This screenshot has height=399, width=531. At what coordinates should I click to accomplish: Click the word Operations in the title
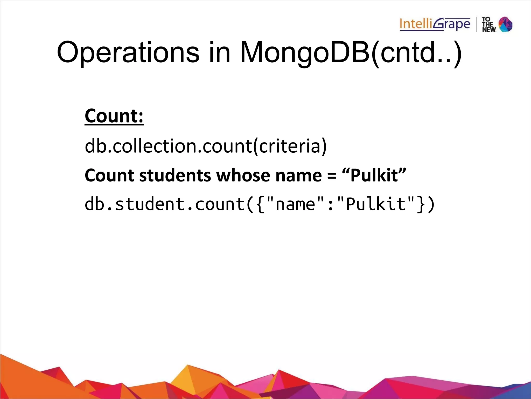pos(128,52)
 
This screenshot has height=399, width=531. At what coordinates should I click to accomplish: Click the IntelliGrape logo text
pos(435,24)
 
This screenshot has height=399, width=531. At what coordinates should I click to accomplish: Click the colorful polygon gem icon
pos(506,24)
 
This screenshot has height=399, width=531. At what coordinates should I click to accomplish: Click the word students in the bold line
pos(175,175)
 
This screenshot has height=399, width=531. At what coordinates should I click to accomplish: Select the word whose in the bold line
pos(243,175)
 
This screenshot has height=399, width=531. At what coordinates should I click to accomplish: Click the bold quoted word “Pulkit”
pos(374,175)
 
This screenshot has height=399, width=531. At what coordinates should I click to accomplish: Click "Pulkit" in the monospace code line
pos(376,204)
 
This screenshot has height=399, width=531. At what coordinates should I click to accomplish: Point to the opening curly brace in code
pos(260,205)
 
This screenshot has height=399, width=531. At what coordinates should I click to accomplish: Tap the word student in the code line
pos(150,204)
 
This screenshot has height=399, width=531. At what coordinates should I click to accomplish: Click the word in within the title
pos(219,52)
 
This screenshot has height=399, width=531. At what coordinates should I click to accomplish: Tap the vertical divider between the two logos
pos(476,24)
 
